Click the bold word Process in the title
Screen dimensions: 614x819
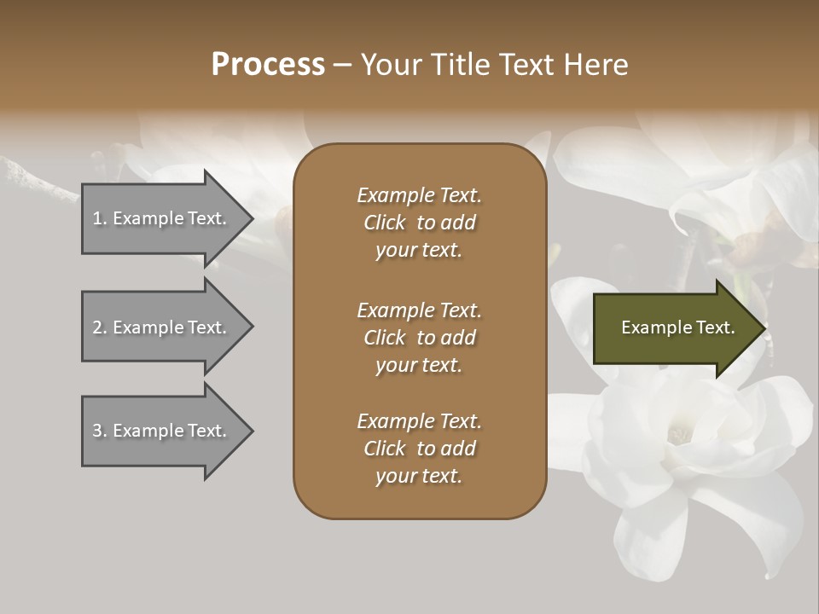point(268,65)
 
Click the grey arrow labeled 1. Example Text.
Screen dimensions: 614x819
point(162,218)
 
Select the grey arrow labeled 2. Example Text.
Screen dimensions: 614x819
point(162,327)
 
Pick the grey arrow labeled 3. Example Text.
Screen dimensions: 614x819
point(162,431)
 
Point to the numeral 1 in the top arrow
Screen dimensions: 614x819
point(96,218)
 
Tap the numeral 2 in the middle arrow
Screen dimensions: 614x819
point(97,327)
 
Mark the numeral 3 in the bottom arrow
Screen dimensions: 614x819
point(97,431)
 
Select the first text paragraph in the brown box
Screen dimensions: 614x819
point(419,223)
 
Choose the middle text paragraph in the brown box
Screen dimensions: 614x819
point(419,338)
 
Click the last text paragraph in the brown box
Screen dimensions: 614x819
point(419,449)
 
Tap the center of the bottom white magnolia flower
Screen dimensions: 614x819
point(680,436)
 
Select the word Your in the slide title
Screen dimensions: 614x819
point(388,65)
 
